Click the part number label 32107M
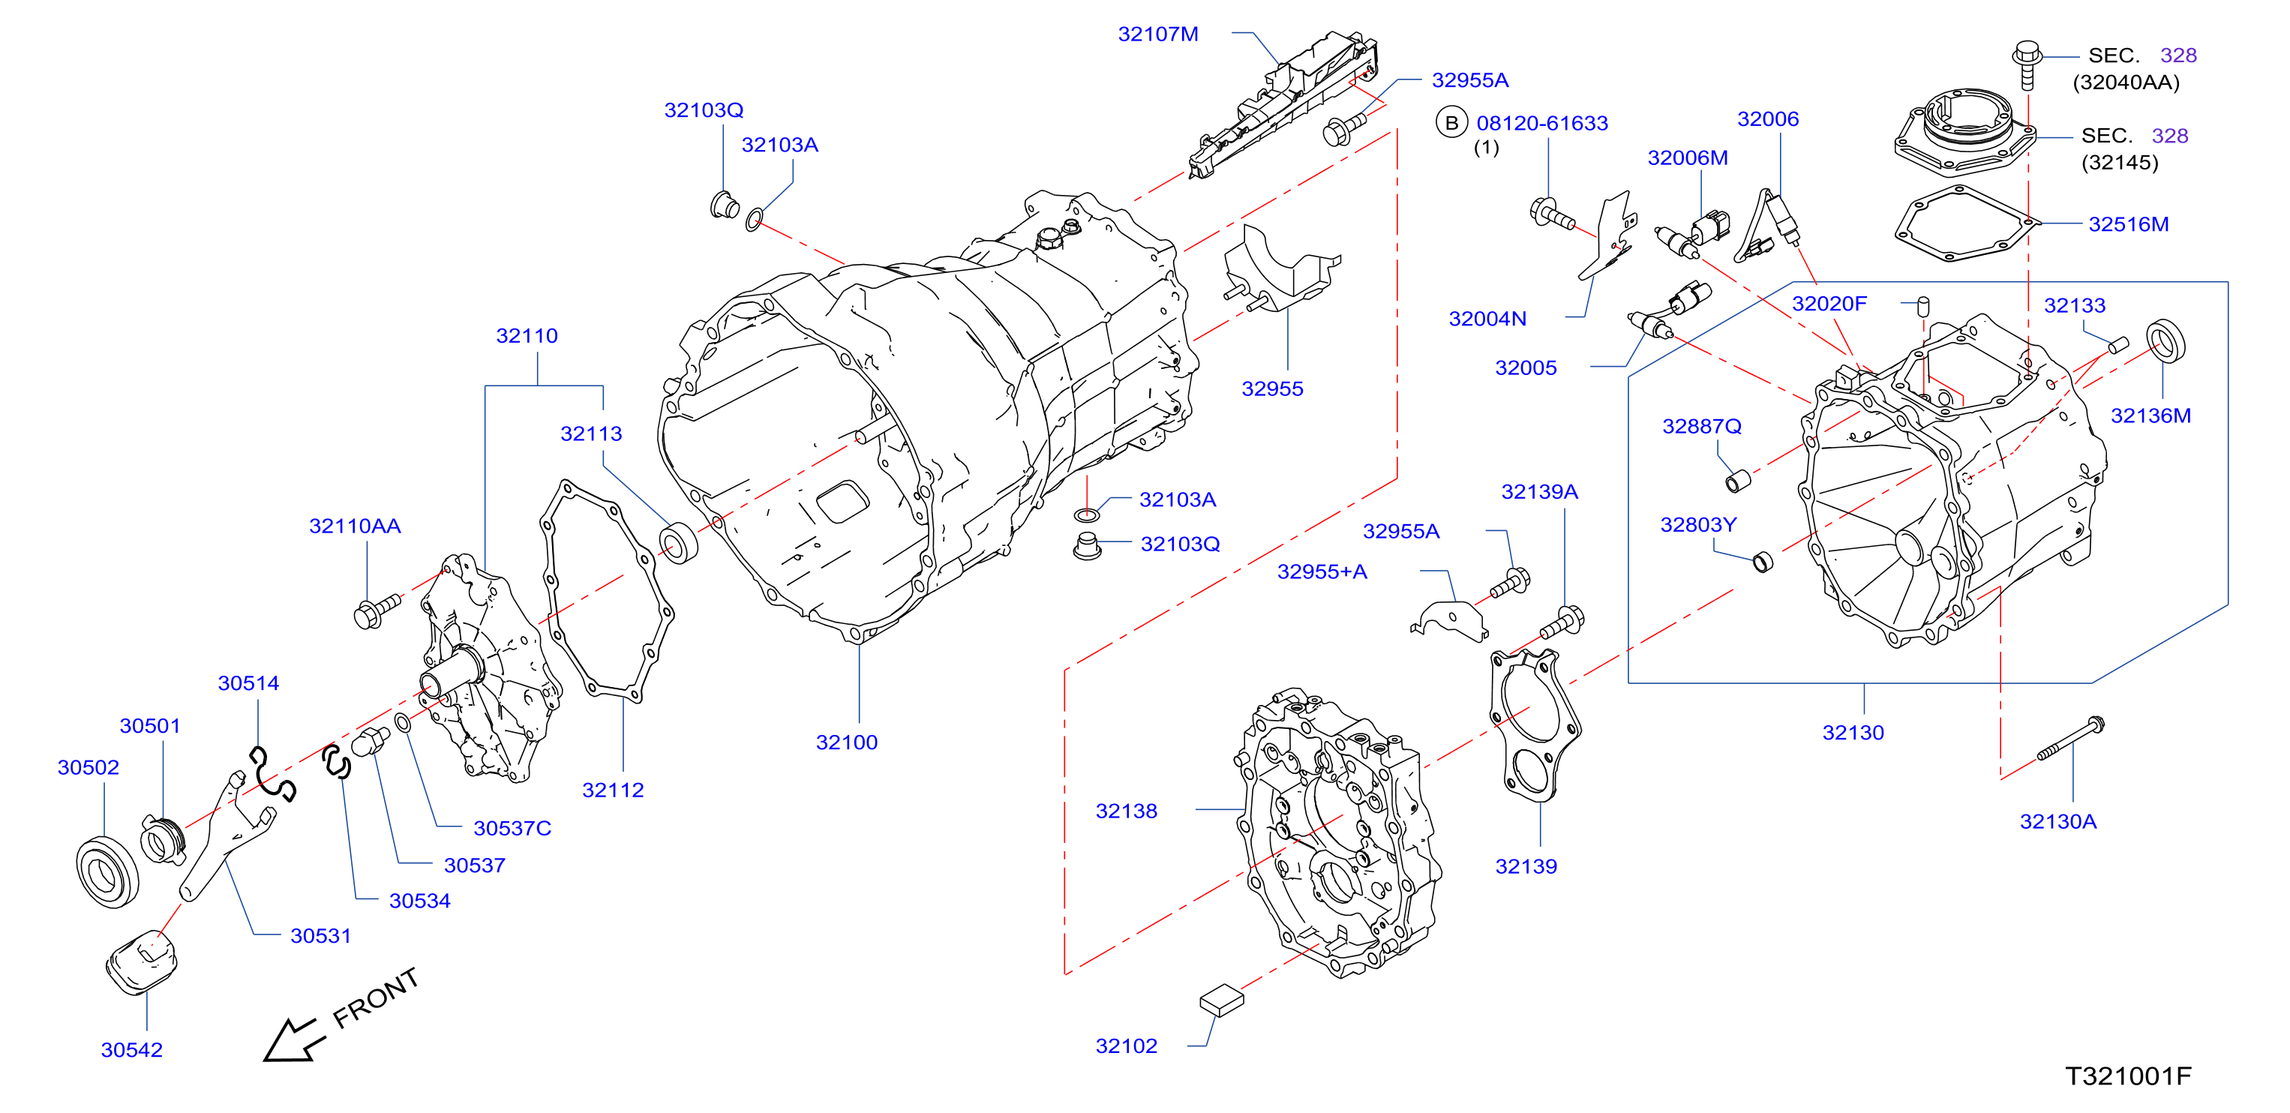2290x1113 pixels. pyautogui.click(x=1157, y=34)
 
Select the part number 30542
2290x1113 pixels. pyautogui.click(x=131, y=1050)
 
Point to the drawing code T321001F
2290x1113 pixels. pyautogui.click(x=2127, y=1076)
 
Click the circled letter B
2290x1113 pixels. pyautogui.click(x=1451, y=123)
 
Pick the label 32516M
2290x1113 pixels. pyautogui.click(x=2128, y=224)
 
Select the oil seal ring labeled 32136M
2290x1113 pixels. pyautogui.click(x=2165, y=341)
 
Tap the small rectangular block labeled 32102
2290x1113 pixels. pyautogui.click(x=1221, y=1000)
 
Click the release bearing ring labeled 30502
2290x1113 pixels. pyautogui.click(x=107, y=872)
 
